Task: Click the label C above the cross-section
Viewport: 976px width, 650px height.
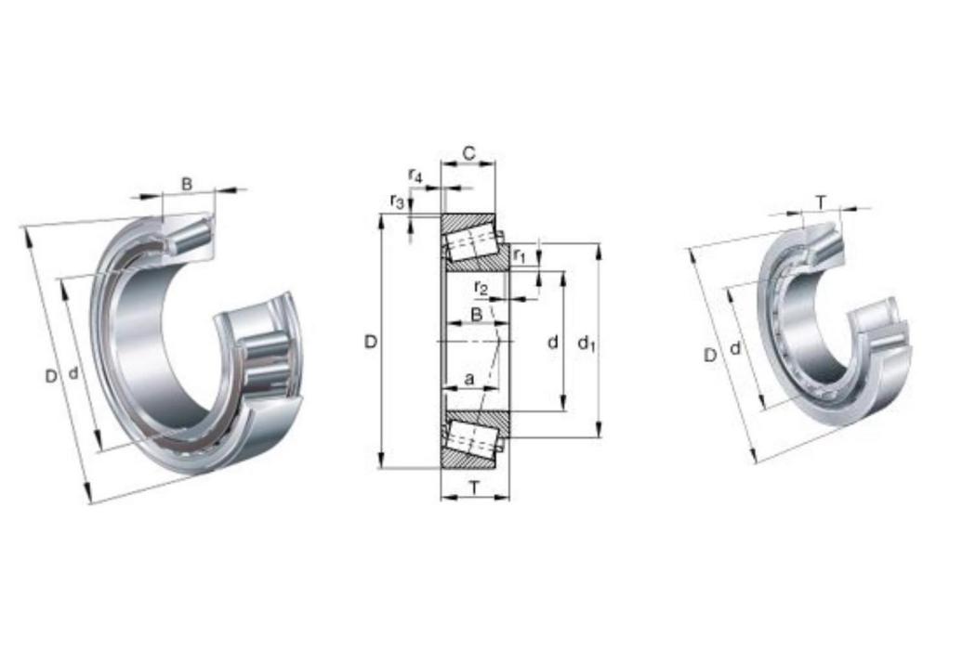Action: [x=469, y=152]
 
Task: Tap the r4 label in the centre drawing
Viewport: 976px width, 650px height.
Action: [x=415, y=176]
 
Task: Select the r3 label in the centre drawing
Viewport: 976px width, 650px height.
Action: [x=397, y=201]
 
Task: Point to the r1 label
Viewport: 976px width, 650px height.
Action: [x=519, y=255]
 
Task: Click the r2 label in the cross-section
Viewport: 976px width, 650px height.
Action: [x=481, y=287]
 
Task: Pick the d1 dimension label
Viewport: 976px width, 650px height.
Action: [x=587, y=343]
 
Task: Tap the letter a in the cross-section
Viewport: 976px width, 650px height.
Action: [x=470, y=378]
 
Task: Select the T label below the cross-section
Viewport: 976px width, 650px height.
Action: [x=475, y=487]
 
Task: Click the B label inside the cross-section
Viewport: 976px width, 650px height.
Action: [x=476, y=315]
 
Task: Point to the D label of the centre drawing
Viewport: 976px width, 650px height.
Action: [x=370, y=342]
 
